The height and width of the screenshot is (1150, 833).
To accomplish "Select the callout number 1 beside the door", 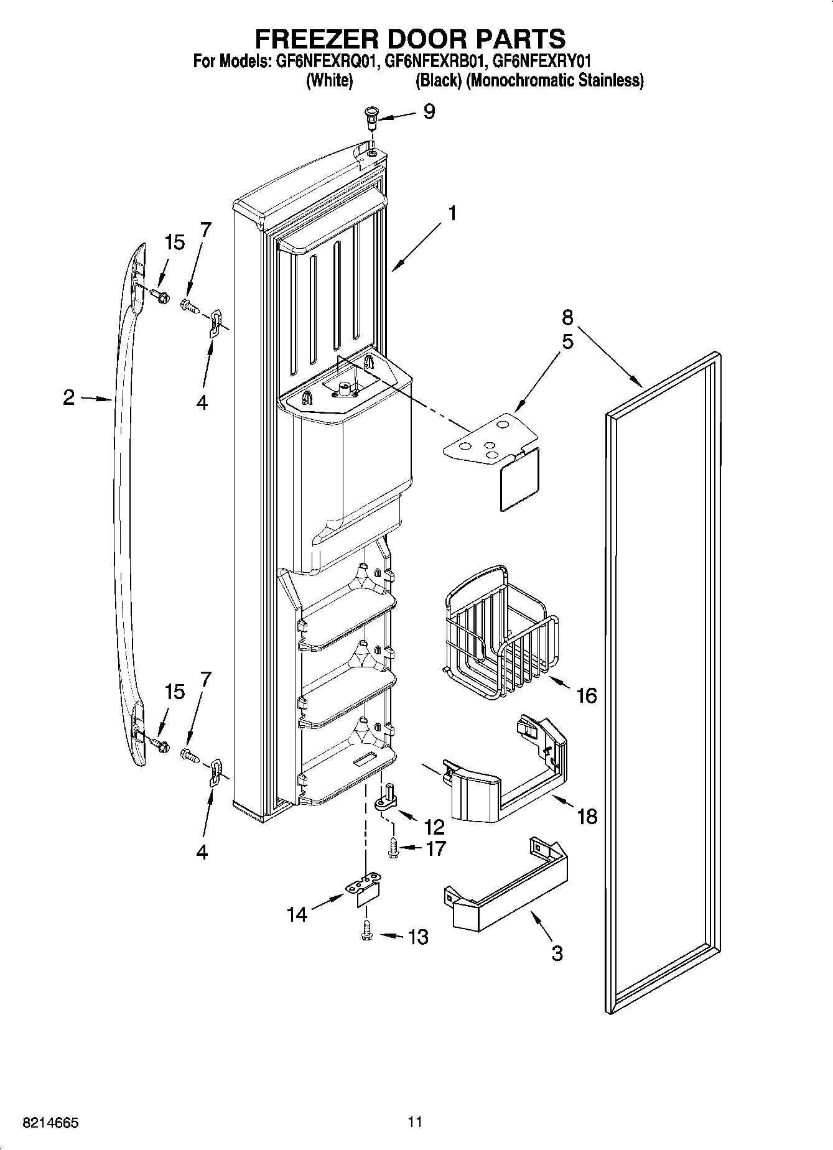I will click(x=452, y=213).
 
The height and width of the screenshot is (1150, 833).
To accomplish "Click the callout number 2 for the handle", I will click(x=69, y=397).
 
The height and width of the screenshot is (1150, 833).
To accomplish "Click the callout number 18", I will click(x=587, y=816).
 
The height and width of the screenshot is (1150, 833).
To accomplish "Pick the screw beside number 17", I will click(x=393, y=848).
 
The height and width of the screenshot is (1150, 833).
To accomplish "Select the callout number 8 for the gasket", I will click(x=567, y=317).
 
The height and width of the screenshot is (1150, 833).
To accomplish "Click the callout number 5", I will click(x=567, y=342).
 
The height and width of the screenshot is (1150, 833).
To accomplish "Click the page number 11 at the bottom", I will click(x=415, y=1122).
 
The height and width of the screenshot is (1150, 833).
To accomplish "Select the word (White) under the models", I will click(x=330, y=80).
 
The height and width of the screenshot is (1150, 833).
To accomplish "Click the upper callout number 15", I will click(x=175, y=243).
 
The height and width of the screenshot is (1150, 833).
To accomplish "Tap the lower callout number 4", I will click(x=202, y=852).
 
